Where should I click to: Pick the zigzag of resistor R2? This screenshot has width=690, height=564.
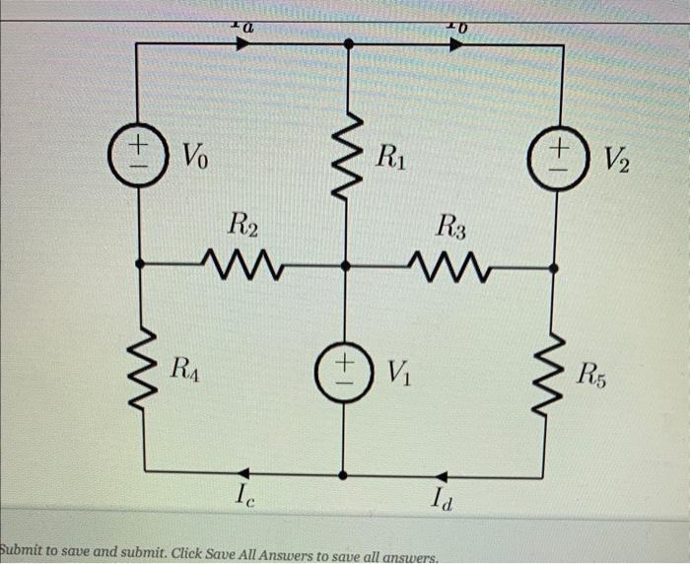point(243,264)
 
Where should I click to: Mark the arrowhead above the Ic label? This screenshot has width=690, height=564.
point(242,474)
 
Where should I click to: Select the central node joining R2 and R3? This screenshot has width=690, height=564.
point(344,265)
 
